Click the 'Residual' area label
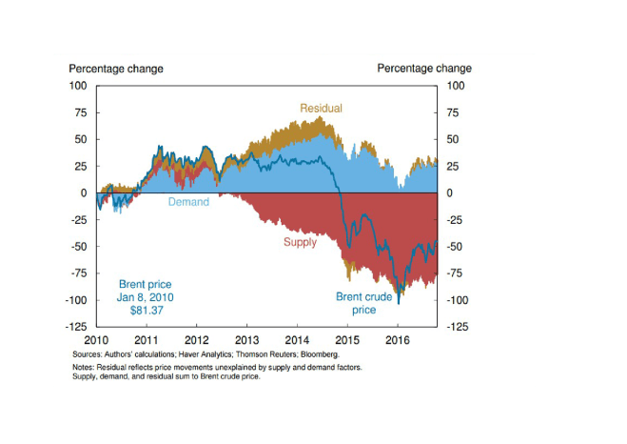pyautogui.click(x=321, y=109)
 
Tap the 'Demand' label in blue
pyautogui.click(x=188, y=202)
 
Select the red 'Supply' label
pyautogui.click(x=301, y=242)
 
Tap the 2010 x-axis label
pyautogui.click(x=97, y=339)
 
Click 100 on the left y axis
pyautogui.click(x=78, y=86)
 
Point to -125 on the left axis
pyautogui.click(x=75, y=327)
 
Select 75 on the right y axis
pyautogui.click(x=451, y=112)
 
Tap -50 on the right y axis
pyautogui.click(x=454, y=247)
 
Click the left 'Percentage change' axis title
pyautogui.click(x=115, y=69)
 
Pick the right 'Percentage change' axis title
pyautogui.click(x=423, y=69)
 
